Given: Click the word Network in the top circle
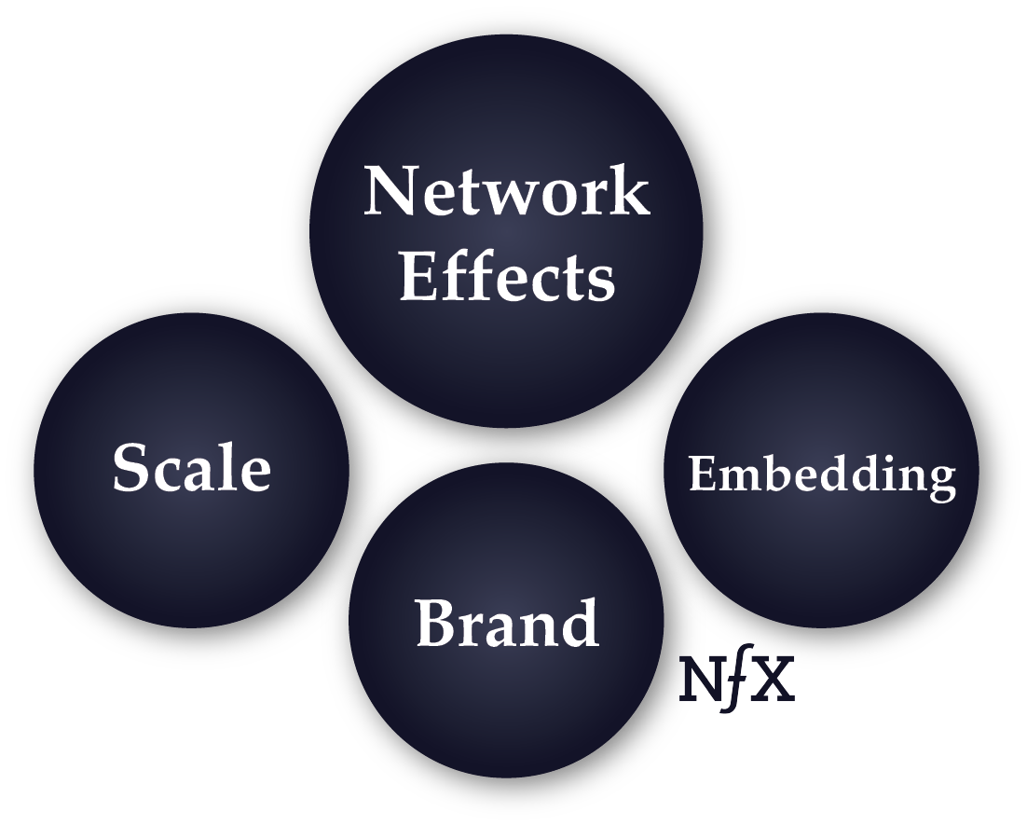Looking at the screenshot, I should [x=506, y=191].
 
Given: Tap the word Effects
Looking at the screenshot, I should [x=507, y=276].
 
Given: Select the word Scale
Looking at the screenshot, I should [x=192, y=467].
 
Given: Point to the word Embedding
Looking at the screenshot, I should [x=822, y=474].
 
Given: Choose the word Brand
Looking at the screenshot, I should [x=506, y=623].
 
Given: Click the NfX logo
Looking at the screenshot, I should [x=737, y=680].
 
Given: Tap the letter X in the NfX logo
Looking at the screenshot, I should [x=773, y=679].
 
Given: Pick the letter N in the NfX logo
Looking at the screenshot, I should [x=700, y=679].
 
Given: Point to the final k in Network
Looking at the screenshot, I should [x=628, y=191].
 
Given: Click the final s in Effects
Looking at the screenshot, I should [x=601, y=282].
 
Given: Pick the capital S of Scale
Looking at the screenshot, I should [x=131, y=467].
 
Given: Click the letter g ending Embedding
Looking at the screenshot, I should [x=940, y=479].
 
